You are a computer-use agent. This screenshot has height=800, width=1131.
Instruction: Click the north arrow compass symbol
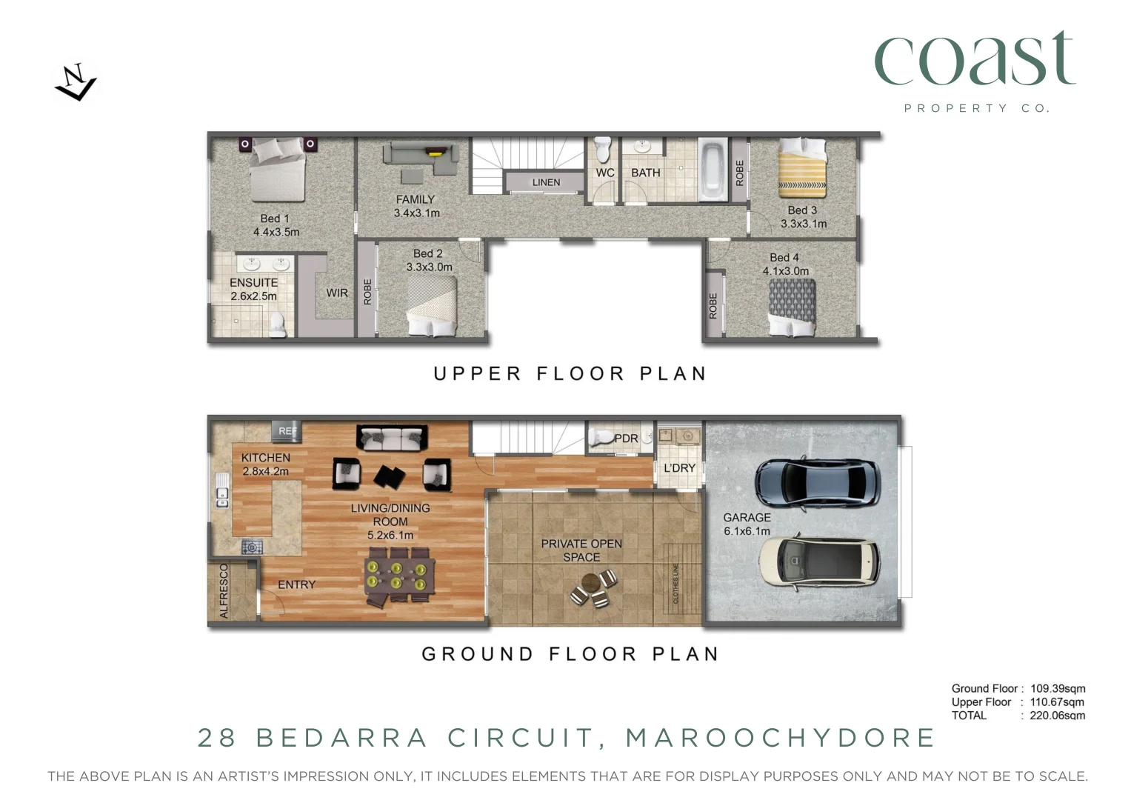[76, 82]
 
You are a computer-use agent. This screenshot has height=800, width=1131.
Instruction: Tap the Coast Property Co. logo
[975, 70]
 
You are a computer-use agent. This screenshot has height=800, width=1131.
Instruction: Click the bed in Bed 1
[277, 172]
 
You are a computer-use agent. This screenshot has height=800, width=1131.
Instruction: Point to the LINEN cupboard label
[546, 182]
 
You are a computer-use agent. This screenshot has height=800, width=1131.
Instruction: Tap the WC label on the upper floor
[604, 173]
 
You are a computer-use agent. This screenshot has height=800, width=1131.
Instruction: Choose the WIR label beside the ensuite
[337, 293]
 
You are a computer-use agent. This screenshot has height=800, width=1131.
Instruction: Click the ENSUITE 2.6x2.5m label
[253, 289]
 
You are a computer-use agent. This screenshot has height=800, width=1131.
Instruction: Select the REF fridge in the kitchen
[287, 430]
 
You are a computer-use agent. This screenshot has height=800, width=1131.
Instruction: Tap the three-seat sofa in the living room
[392, 438]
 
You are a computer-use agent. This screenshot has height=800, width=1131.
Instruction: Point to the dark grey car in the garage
[816, 482]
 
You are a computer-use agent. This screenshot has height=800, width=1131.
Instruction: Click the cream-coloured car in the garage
[819, 561]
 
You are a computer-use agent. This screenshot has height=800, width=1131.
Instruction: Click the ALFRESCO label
[224, 590]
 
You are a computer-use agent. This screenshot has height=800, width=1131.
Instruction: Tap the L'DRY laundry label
[679, 468]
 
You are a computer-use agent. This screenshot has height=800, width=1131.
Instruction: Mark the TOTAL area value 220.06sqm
[1057, 716]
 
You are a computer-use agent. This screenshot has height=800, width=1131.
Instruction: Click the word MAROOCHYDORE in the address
[781, 738]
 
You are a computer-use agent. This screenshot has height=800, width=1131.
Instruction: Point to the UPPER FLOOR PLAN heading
[570, 373]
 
